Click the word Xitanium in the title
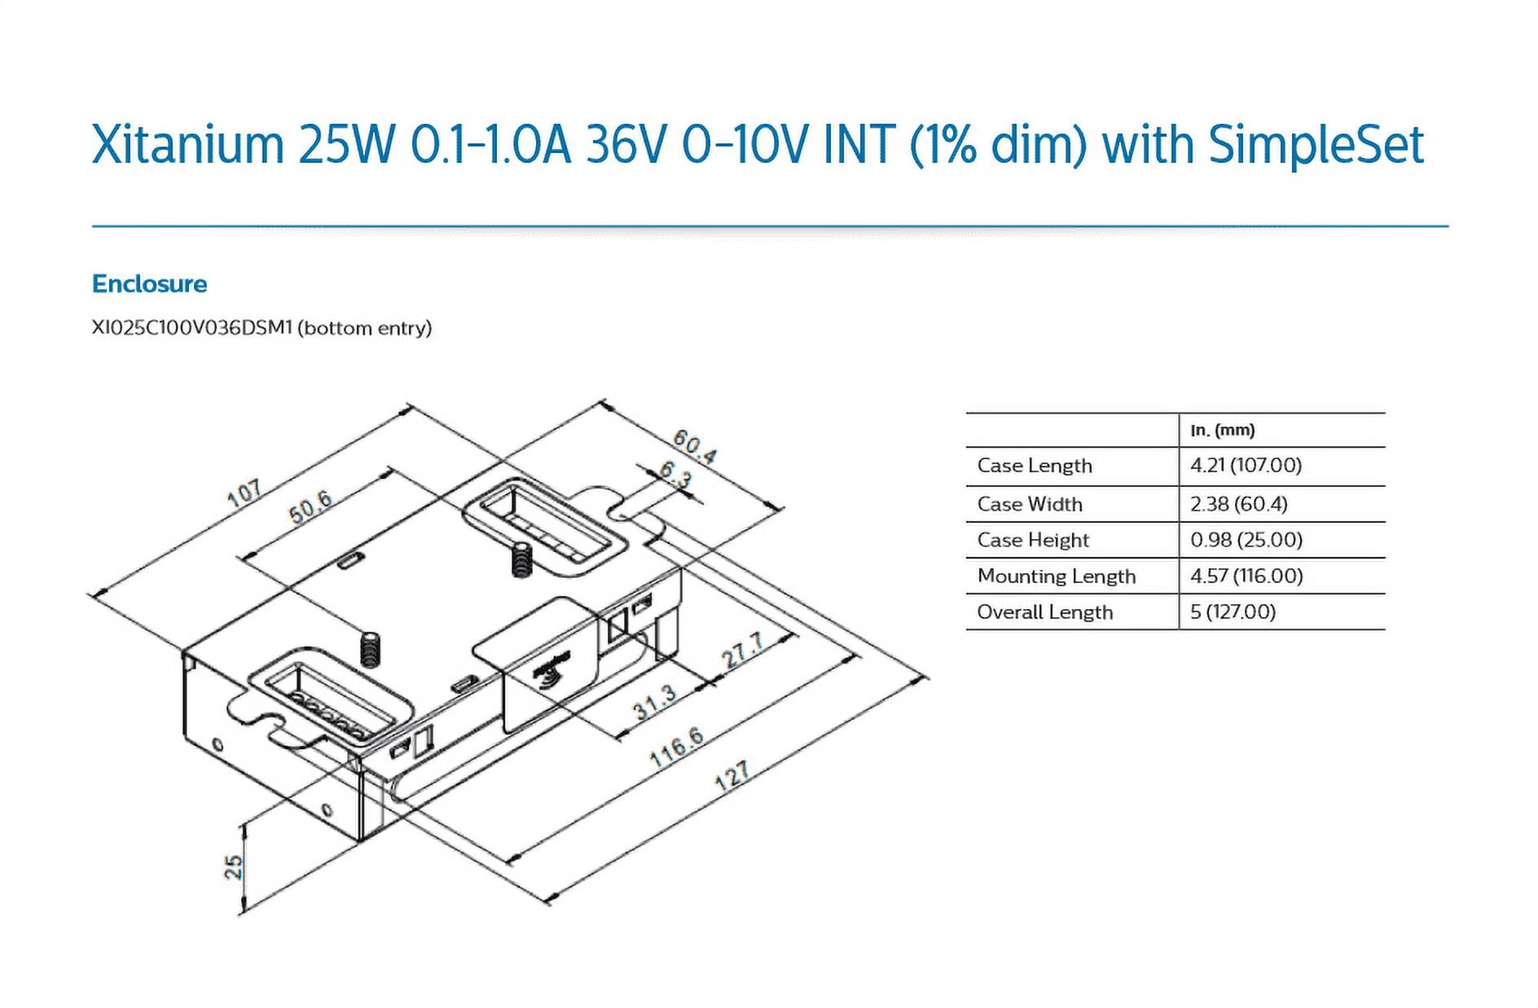tap(187, 145)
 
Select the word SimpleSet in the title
tap(1316, 145)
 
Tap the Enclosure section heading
tap(150, 283)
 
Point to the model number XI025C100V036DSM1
tap(191, 327)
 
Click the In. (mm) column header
tap(1222, 430)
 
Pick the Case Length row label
tap(1035, 466)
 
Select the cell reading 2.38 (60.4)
tap(1238, 504)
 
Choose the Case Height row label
tap(1033, 540)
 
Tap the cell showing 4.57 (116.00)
tap(1246, 576)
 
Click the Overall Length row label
tap(1045, 611)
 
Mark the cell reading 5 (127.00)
tap(1233, 611)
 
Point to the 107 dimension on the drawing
tap(244, 493)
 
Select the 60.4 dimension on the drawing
tap(694, 447)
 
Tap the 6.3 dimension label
tap(675, 475)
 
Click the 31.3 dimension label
tap(655, 702)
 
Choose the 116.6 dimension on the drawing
tap(677, 747)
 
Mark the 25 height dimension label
tap(234, 866)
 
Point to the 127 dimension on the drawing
tap(732, 776)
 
